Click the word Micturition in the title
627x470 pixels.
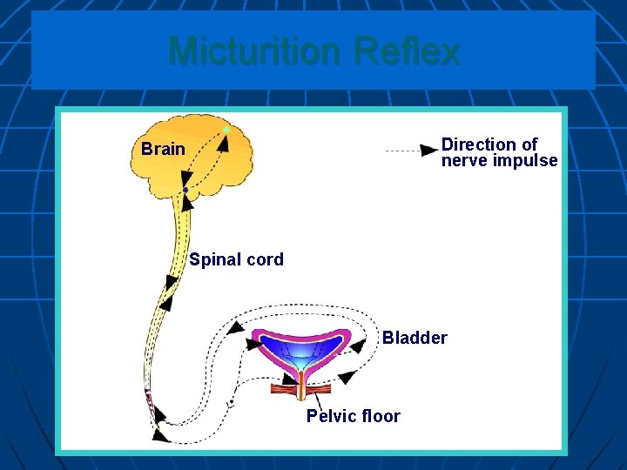coord(256,51)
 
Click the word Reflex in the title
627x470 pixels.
coord(407,51)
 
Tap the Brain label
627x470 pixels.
coord(163,149)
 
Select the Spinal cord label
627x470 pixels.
coord(236,259)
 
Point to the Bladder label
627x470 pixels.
coord(415,338)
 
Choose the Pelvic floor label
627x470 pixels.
coord(353,416)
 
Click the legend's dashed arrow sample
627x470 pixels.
coord(410,151)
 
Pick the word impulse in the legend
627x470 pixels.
coord(526,161)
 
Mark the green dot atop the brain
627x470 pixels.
coord(226,130)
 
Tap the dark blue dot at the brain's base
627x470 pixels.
coord(185,190)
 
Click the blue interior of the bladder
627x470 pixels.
coord(300,349)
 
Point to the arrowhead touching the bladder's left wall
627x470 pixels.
coord(253,344)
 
